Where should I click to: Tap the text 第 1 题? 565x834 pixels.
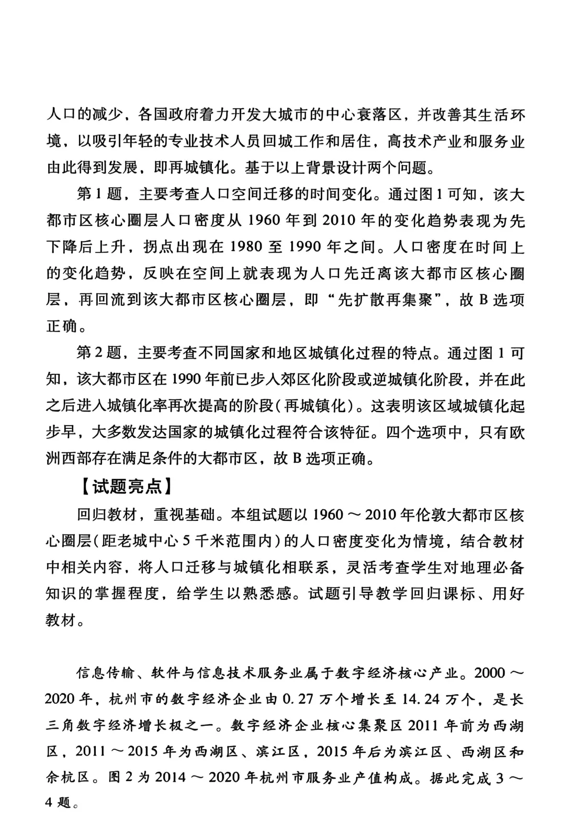click(99, 195)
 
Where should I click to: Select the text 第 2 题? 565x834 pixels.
click(99, 353)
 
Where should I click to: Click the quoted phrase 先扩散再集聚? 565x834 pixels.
click(386, 300)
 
